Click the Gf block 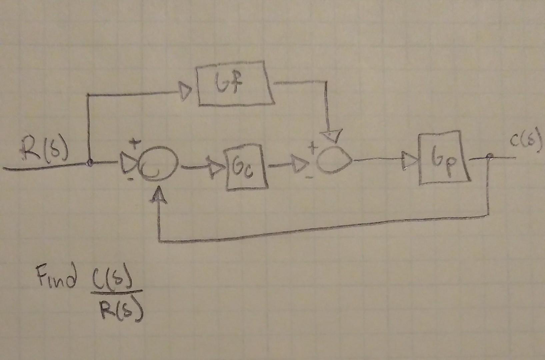click(236, 84)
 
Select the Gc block click(247, 166)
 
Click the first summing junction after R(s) click(156, 165)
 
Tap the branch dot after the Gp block click(489, 156)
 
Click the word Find click(56, 276)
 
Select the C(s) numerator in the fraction click(115, 280)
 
